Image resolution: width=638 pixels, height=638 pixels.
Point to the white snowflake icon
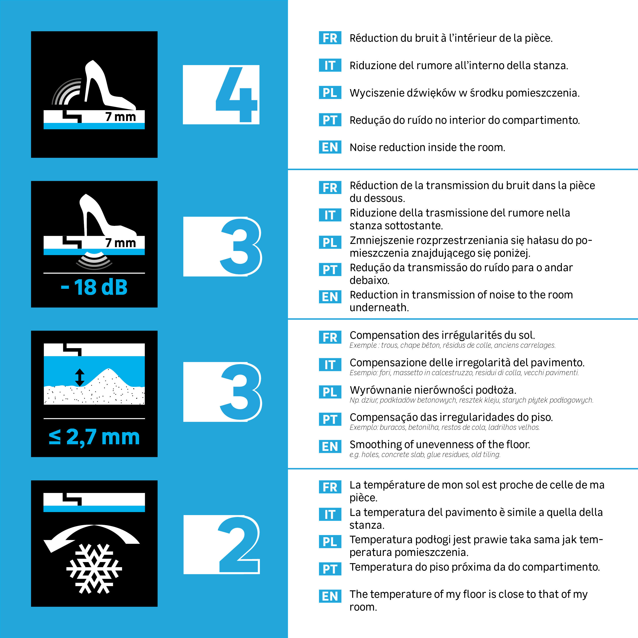(94, 569)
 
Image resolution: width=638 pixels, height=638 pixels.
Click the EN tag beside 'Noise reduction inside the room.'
(330, 147)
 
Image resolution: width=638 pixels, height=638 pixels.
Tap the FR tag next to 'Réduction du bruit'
(330, 38)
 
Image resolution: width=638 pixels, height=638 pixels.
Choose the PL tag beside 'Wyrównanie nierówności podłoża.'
(330, 392)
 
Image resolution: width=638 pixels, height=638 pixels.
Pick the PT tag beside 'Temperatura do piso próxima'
(330, 569)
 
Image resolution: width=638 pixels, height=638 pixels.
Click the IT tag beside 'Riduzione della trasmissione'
(330, 215)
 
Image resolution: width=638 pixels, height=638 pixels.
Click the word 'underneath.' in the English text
(379, 308)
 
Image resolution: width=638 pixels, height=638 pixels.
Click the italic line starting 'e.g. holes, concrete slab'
(425, 455)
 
